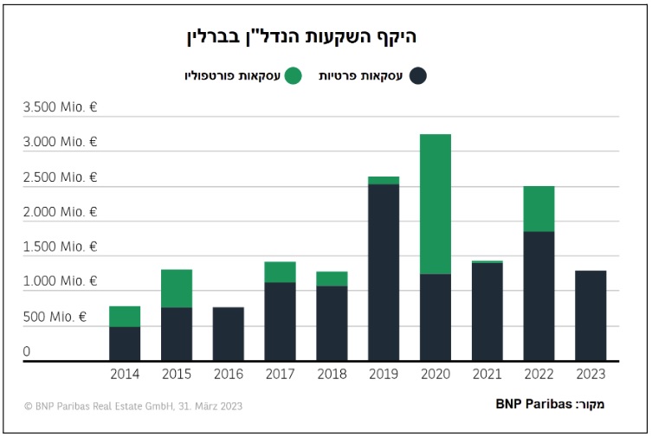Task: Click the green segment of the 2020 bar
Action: [x=435, y=203]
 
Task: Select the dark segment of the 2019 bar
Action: [x=384, y=273]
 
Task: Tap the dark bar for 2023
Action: [x=591, y=316]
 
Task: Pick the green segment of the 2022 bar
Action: [x=539, y=209]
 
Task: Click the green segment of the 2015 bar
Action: [x=177, y=288]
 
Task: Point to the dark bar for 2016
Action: [x=229, y=334]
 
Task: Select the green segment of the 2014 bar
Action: [x=125, y=316]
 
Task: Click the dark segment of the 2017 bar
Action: [x=280, y=321]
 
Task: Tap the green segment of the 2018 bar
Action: [x=332, y=279]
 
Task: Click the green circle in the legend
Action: [x=294, y=75]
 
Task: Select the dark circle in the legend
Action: [x=418, y=75]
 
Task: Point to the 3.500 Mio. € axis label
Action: [x=60, y=108]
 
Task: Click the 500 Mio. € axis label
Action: [x=54, y=317]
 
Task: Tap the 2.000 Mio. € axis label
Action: [x=60, y=212]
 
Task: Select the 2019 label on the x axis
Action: [x=384, y=375]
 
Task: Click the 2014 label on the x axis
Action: [x=125, y=375]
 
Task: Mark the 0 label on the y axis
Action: [x=27, y=351]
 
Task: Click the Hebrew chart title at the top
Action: [x=301, y=36]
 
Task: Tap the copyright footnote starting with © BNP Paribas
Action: [x=133, y=406]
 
